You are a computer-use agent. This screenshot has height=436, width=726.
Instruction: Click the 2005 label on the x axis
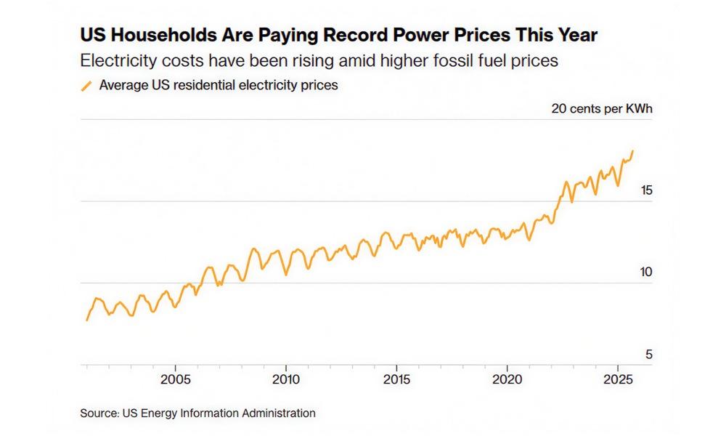click(175, 379)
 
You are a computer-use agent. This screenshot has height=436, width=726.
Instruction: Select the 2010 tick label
click(286, 379)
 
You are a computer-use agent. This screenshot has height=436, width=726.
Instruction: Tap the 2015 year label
click(396, 379)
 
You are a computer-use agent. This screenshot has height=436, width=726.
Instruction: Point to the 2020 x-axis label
click(507, 379)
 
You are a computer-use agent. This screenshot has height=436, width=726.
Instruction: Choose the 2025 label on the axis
click(618, 379)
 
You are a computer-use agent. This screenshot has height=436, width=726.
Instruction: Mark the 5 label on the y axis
click(648, 355)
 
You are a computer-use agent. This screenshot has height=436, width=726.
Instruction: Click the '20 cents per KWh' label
click(602, 109)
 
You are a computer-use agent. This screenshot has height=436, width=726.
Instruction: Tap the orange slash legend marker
click(86, 86)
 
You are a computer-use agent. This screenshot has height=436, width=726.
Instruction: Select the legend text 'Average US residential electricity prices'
click(219, 85)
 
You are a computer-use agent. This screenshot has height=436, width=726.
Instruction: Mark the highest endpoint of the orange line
click(632, 151)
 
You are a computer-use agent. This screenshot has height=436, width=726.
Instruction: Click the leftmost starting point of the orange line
click(87, 320)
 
